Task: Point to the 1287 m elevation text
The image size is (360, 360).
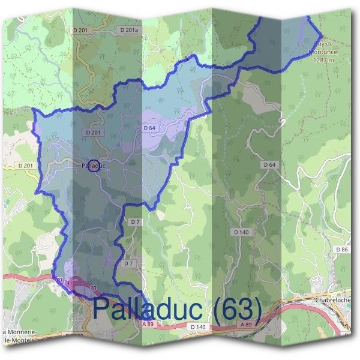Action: click(x=323, y=59)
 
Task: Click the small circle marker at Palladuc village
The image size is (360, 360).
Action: click(x=93, y=167)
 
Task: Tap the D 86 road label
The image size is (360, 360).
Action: click(x=342, y=249)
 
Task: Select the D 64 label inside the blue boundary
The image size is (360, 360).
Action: click(x=149, y=128)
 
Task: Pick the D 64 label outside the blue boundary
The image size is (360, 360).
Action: click(x=269, y=164)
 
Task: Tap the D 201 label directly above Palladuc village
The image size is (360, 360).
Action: click(x=93, y=132)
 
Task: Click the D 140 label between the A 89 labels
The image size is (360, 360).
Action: click(x=198, y=327)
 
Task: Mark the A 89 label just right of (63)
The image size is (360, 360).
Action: click(x=245, y=324)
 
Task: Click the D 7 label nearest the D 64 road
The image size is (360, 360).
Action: click(x=136, y=222)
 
